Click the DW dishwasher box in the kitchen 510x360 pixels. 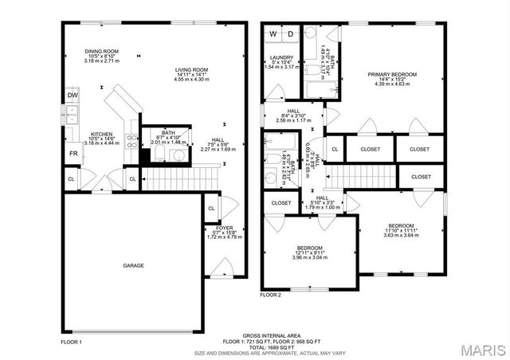pos(73,95)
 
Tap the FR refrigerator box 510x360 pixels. pos(73,153)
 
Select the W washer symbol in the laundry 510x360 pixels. pos(273,34)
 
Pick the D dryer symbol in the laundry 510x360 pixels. pos(290,34)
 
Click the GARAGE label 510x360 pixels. pos(133,265)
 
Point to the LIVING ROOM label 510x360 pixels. pos(191,70)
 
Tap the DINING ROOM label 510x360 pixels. pos(101,51)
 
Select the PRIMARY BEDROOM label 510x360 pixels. pos(392,74)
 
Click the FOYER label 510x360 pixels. pos(224,227)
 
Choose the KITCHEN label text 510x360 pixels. pos(101,134)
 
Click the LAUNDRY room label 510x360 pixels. pos(281,57)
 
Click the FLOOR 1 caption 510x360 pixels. pos(72,341)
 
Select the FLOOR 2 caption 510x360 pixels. pos(270,295)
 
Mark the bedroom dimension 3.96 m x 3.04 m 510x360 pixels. pos(308,257)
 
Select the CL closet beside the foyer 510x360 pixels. pos(211,209)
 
